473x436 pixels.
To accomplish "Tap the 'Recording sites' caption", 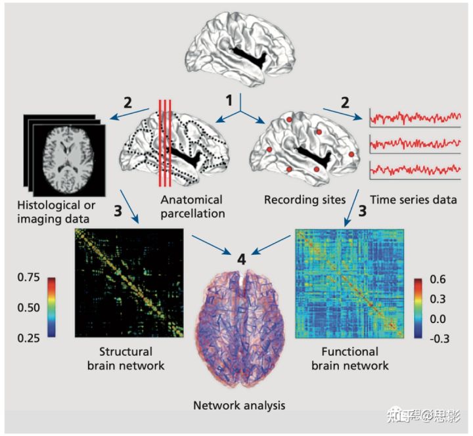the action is (x=294, y=199).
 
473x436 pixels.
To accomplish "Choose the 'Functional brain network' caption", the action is (x=357, y=358).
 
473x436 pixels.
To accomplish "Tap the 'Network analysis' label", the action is (x=239, y=405).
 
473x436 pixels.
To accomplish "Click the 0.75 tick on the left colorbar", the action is (x=27, y=277).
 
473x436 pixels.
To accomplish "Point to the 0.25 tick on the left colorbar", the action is (x=27, y=337).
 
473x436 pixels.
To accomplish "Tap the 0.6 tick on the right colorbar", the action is (x=439, y=279).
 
